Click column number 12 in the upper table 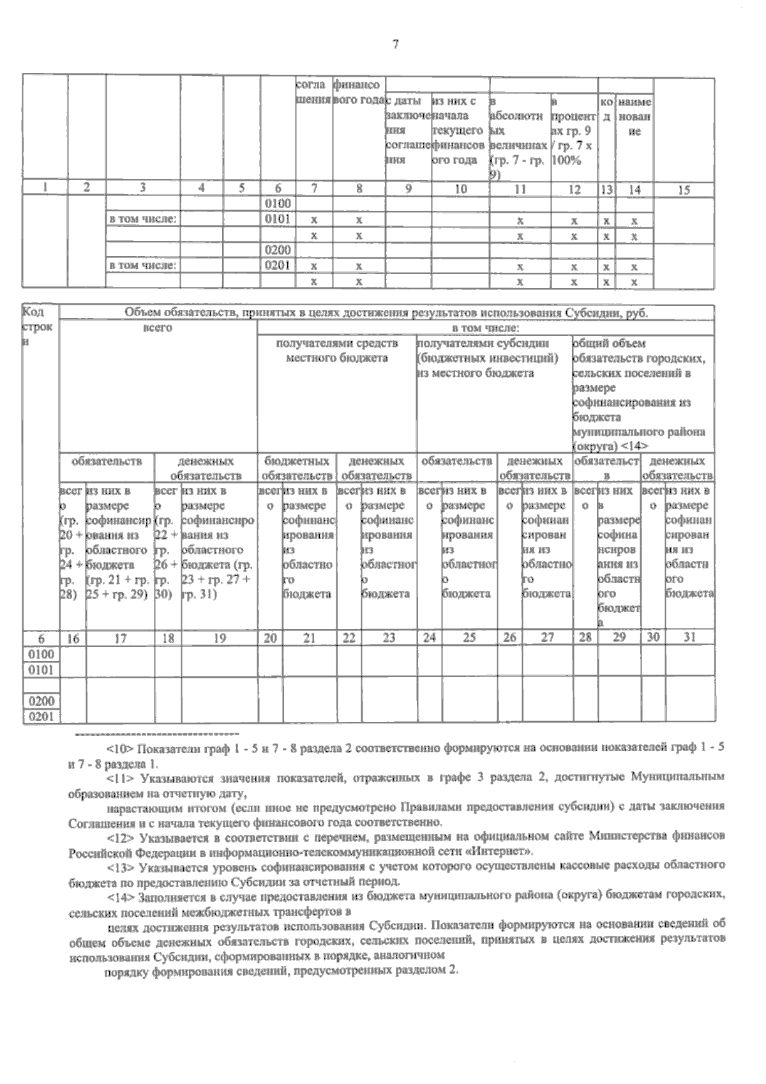point(574,189)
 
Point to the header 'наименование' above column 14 point(635,117)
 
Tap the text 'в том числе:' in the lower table point(484,327)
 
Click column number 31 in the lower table point(689,637)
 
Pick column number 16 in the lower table point(73,637)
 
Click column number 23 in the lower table point(389,637)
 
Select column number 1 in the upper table point(45,189)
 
